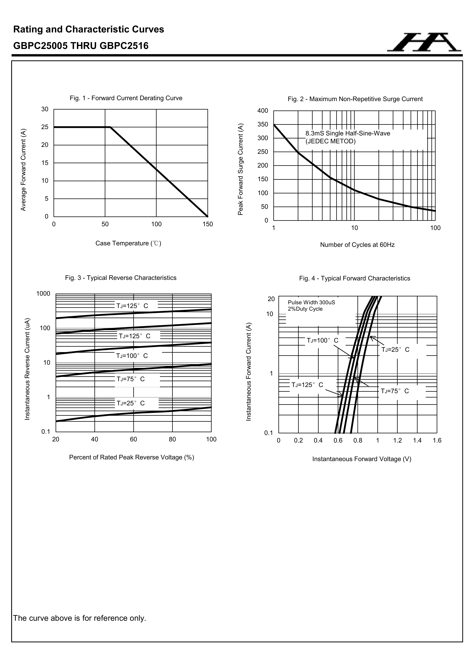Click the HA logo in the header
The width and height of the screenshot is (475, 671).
[424, 43]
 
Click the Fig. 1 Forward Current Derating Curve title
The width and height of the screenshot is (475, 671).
[126, 98]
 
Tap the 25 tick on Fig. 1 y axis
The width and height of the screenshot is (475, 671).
[45, 127]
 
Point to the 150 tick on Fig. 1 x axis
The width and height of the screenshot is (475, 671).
[208, 224]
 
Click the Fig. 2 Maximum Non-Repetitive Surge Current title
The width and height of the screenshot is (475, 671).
[355, 99]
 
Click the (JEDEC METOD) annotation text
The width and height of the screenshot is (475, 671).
[330, 141]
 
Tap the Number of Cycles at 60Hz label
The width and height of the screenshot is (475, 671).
[357, 245]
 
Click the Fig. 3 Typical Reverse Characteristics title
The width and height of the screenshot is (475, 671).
[121, 278]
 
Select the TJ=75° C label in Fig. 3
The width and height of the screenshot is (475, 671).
[131, 379]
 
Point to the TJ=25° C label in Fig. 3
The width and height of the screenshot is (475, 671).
[131, 403]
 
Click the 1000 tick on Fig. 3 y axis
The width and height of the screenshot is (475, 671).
[43, 294]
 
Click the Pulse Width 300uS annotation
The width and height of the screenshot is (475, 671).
[311, 302]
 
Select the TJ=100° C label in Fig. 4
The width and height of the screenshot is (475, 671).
[322, 340]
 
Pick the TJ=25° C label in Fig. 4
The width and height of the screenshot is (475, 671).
[395, 349]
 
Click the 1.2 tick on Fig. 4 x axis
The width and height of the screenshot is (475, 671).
[397, 440]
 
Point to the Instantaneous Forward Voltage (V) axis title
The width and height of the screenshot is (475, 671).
[362, 459]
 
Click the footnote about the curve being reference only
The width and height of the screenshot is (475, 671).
[80, 618]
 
